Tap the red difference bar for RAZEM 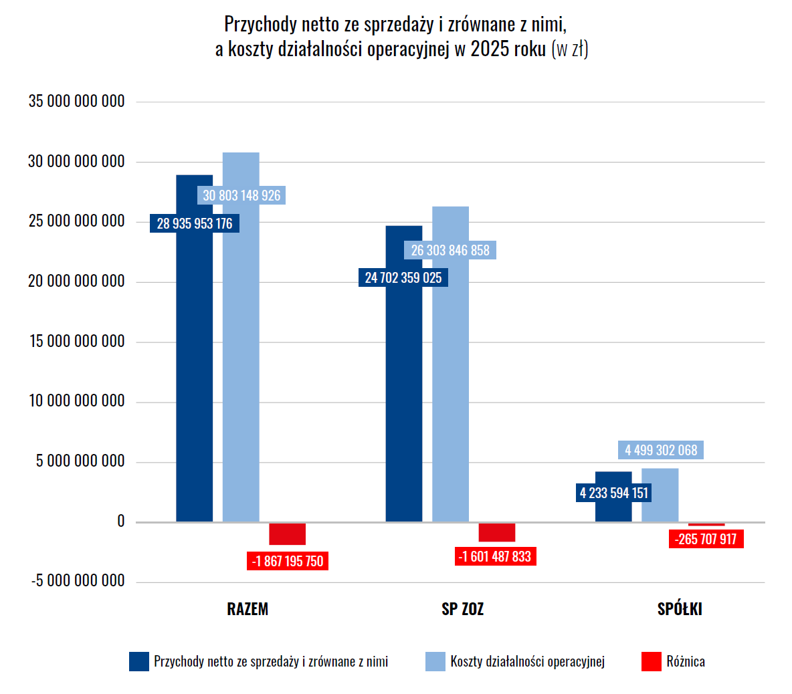287,534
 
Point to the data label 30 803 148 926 241,195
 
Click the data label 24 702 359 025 403,277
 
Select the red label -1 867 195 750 287,561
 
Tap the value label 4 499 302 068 661,450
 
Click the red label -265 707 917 705,539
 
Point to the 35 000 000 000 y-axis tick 76,101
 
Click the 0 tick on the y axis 120,521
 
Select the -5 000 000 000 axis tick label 78,580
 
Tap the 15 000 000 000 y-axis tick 76,341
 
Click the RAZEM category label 248,609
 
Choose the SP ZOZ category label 462,609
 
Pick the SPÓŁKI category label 680,609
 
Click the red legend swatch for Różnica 651,661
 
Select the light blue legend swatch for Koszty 435,661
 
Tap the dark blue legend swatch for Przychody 139,661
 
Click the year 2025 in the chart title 490,49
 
